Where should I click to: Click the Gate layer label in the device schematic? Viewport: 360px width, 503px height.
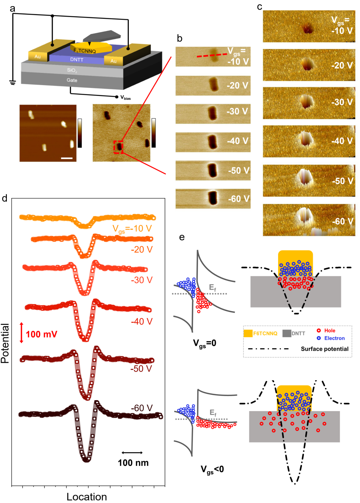72,80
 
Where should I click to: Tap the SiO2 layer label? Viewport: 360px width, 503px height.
72,70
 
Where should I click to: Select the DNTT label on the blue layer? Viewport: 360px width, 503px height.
76,59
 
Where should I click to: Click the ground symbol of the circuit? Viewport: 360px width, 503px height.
13,83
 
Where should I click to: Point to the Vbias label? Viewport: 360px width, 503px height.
125,97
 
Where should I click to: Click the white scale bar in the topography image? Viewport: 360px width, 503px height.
67,158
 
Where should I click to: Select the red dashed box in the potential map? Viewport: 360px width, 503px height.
119,147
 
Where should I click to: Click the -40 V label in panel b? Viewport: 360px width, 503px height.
237,141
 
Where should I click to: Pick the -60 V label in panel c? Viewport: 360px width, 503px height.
342,221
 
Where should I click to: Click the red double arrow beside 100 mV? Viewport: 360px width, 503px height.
22,332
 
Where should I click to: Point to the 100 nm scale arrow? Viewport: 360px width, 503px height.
132,453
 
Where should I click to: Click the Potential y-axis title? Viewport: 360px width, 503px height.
5,343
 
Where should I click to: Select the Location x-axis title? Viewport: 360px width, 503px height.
87,497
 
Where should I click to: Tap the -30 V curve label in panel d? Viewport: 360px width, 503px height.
142,280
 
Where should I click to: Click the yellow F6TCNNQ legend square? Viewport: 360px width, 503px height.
248,334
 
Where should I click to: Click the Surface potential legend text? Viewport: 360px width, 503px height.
325,349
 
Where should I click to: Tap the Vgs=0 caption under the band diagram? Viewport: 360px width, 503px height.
205,343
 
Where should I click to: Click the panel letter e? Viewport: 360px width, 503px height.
182,237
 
